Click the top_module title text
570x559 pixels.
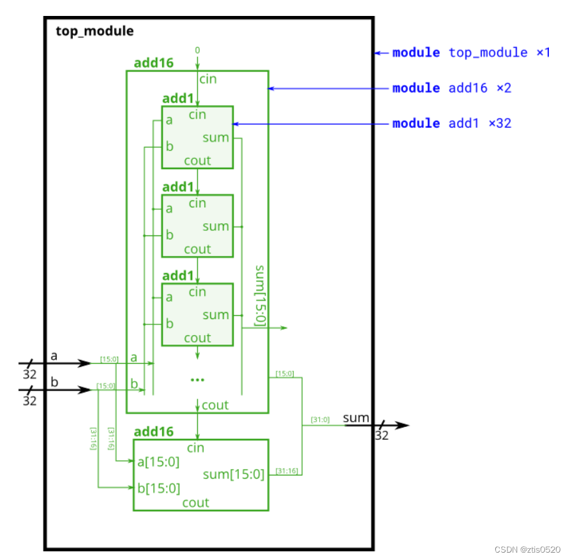(x=94, y=31)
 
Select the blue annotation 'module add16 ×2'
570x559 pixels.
(x=451, y=88)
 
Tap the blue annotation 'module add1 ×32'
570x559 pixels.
(x=451, y=123)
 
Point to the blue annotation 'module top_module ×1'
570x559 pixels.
(x=470, y=52)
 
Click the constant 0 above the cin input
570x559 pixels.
(x=197, y=50)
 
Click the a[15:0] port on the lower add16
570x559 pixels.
(x=159, y=462)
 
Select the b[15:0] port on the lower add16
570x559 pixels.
(x=159, y=489)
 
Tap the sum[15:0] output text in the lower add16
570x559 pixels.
(x=234, y=474)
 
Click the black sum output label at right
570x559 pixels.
(x=356, y=418)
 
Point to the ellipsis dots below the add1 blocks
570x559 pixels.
(x=197, y=380)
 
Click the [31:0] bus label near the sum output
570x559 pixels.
(x=320, y=419)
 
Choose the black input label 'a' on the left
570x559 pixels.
(x=54, y=356)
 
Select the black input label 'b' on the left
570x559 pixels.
(x=54, y=382)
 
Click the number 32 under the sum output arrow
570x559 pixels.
(x=381, y=436)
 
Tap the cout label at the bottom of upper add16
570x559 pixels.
(x=215, y=405)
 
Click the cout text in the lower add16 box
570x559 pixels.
(x=196, y=503)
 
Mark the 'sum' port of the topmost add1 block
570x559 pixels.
(x=216, y=138)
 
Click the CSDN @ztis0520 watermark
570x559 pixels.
(x=527, y=549)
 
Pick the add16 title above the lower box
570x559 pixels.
(x=153, y=432)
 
